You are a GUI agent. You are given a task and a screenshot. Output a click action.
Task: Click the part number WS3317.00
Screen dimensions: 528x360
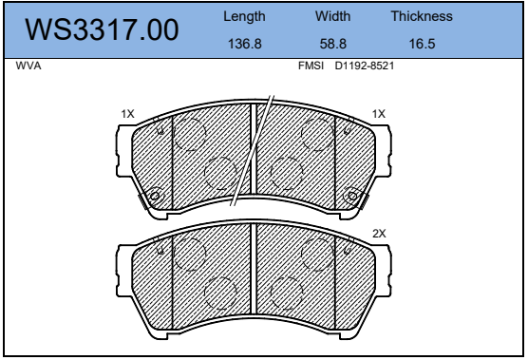click(x=102, y=29)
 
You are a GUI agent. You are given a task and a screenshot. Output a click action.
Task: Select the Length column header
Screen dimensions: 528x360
click(x=244, y=16)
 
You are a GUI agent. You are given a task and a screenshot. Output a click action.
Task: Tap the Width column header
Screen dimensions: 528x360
click(x=332, y=16)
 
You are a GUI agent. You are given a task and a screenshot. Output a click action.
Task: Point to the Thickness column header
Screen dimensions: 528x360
click(x=422, y=16)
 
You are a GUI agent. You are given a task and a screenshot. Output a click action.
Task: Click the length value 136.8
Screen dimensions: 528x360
click(x=244, y=44)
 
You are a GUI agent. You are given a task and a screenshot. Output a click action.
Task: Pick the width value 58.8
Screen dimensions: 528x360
click(x=332, y=44)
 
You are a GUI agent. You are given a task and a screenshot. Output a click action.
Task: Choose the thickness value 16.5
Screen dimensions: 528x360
click(x=422, y=44)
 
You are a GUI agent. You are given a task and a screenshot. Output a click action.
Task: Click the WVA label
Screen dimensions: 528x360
click(x=28, y=66)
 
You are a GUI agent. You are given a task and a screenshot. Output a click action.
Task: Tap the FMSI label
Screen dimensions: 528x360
click(x=311, y=66)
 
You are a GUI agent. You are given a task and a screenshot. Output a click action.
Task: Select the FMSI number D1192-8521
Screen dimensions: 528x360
click(x=364, y=66)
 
